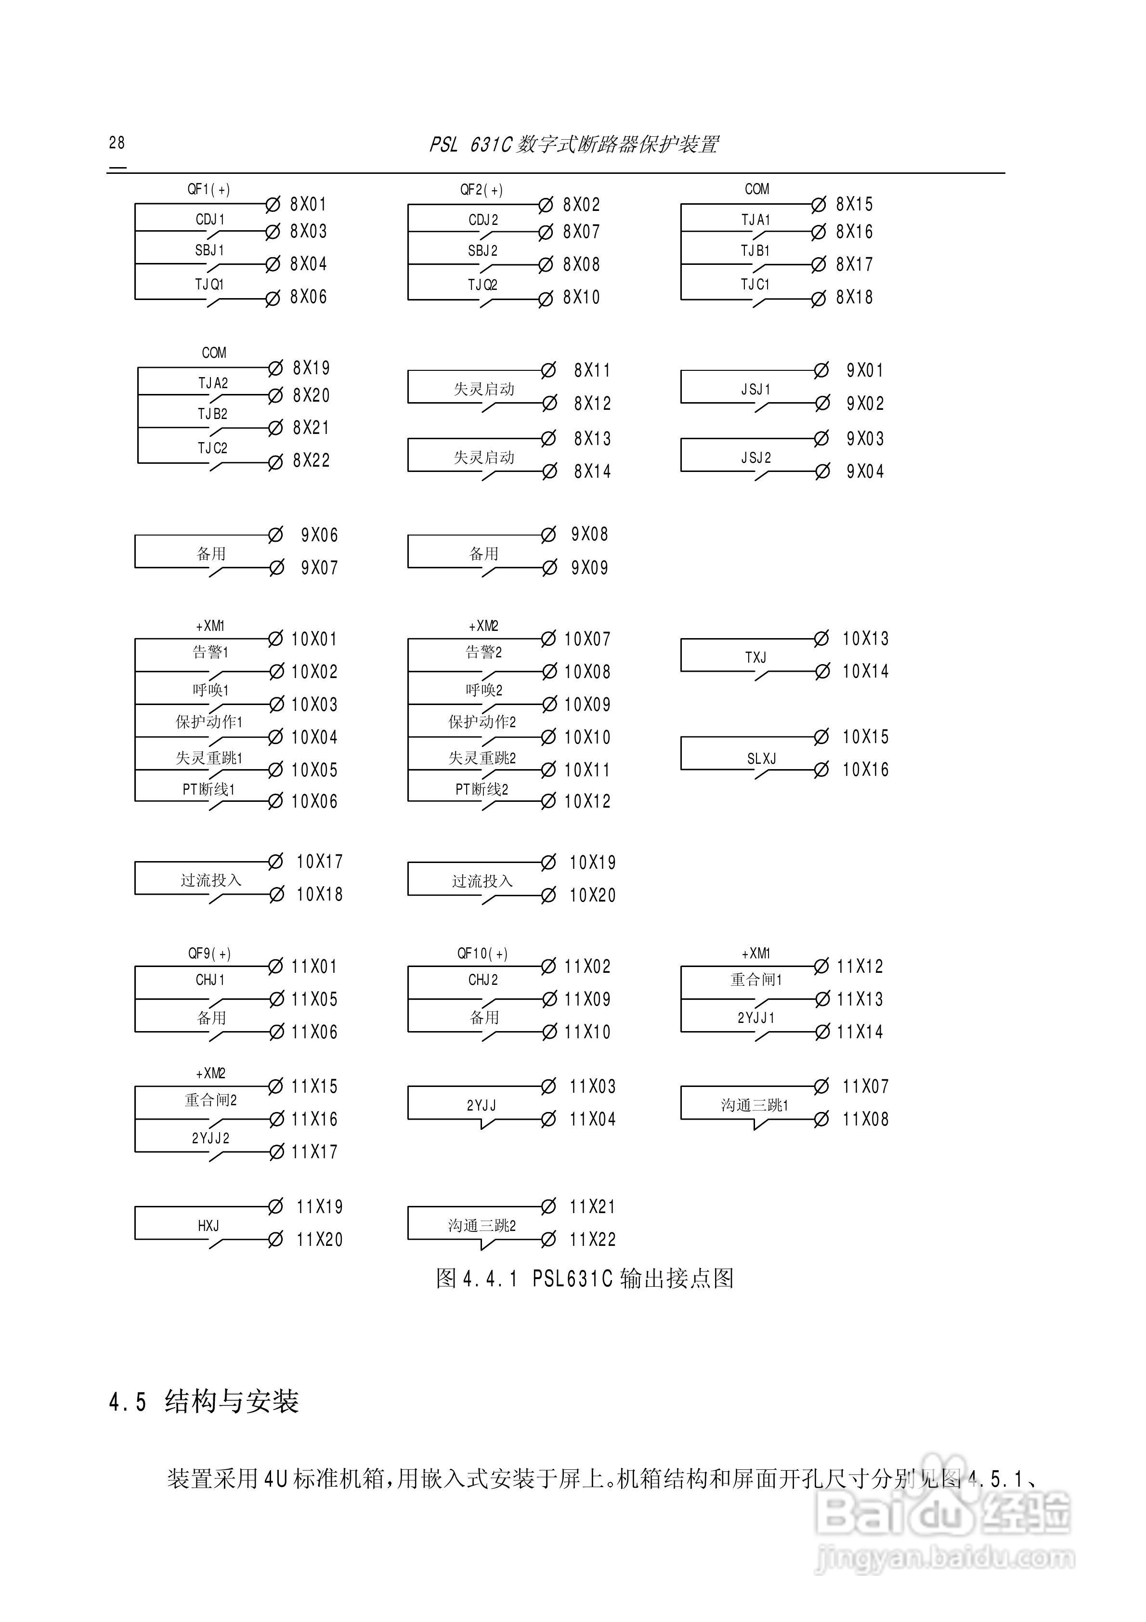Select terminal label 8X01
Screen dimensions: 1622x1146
(308, 205)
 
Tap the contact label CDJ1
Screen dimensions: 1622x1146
(210, 220)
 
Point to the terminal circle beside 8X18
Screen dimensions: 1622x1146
(818, 299)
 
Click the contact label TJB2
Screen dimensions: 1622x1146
(213, 414)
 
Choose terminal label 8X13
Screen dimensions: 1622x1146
(592, 439)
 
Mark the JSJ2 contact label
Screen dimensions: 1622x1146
(756, 458)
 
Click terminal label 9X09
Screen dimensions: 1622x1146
(589, 568)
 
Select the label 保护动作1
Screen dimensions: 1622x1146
(209, 722)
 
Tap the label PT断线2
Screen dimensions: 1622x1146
(482, 789)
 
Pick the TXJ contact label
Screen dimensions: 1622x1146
(755, 658)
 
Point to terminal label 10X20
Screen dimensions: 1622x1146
(592, 896)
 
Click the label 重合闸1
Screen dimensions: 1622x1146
(756, 980)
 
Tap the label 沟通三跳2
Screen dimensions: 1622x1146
(482, 1226)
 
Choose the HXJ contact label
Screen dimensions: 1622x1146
(208, 1226)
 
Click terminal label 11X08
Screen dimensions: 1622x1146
(865, 1119)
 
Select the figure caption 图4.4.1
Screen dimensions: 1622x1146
(584, 1279)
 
